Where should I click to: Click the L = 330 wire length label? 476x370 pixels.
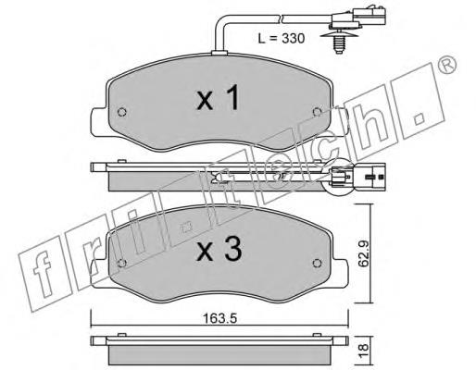[x=282, y=39]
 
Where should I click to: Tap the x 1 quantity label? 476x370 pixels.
[x=218, y=98]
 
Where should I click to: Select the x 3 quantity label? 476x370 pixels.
[x=219, y=250]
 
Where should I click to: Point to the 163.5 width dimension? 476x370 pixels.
[x=219, y=318]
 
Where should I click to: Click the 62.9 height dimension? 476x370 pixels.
[x=364, y=253]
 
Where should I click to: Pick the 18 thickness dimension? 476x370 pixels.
[x=364, y=348]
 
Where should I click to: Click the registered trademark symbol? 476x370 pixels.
[x=447, y=65]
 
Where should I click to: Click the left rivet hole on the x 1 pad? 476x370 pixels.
[x=122, y=112]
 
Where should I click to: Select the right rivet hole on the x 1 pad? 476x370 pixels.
[x=317, y=112]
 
